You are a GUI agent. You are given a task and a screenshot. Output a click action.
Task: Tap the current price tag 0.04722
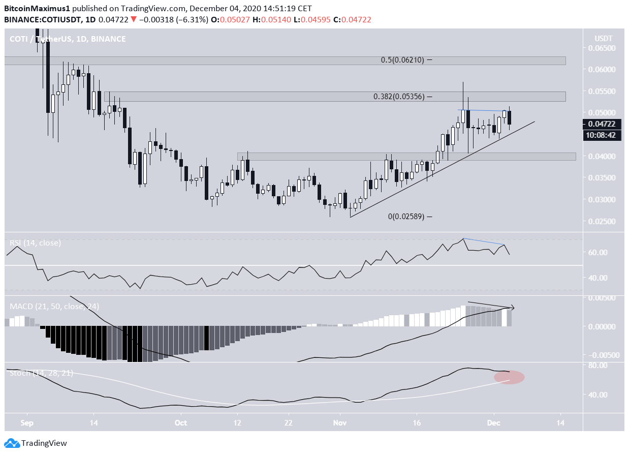click(x=603, y=124)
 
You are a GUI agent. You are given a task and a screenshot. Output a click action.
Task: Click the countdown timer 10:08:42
click(x=603, y=136)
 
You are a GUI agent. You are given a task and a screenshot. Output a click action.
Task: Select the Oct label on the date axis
click(x=180, y=422)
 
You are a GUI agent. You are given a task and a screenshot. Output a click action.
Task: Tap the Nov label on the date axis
click(x=339, y=422)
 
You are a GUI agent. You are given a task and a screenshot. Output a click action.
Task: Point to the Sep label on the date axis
click(x=27, y=422)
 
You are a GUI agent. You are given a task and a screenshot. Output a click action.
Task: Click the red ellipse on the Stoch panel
click(x=509, y=377)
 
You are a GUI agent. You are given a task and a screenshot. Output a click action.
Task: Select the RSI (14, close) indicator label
click(x=35, y=243)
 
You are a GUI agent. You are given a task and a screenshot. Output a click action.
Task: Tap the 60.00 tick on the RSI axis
click(x=604, y=252)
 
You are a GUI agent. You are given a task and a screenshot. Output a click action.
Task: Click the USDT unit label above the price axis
click(x=603, y=39)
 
